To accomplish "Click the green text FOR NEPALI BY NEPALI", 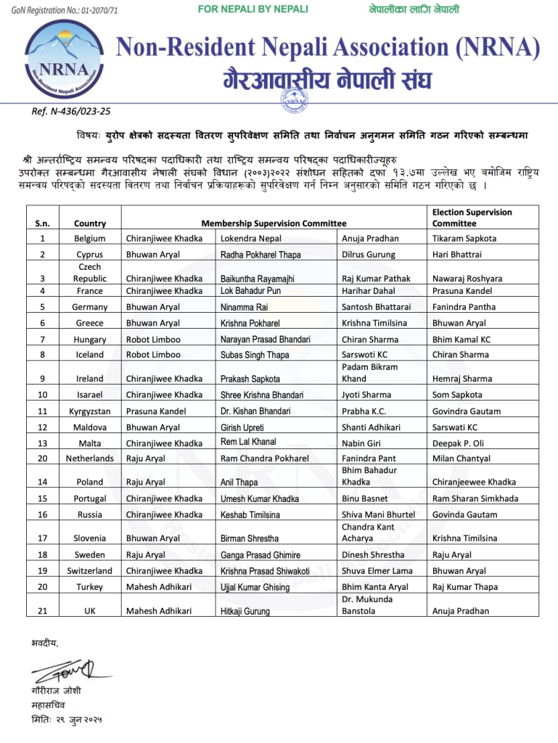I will click(x=253, y=9).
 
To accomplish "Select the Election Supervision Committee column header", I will click(x=472, y=218).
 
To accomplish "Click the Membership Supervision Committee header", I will click(x=274, y=223).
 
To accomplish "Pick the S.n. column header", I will click(x=42, y=223).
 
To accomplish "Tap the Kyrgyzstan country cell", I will click(x=90, y=411).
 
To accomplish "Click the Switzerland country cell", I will click(x=90, y=571).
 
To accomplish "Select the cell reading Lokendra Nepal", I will click(x=250, y=239).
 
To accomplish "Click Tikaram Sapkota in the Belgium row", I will click(x=464, y=239).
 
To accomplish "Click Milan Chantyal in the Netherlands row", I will click(x=461, y=459).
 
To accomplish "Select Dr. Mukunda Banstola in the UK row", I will click(x=367, y=605).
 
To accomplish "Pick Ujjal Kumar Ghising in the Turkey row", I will click(x=255, y=587).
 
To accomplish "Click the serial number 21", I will click(x=42, y=611).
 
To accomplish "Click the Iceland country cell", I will click(x=90, y=355).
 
